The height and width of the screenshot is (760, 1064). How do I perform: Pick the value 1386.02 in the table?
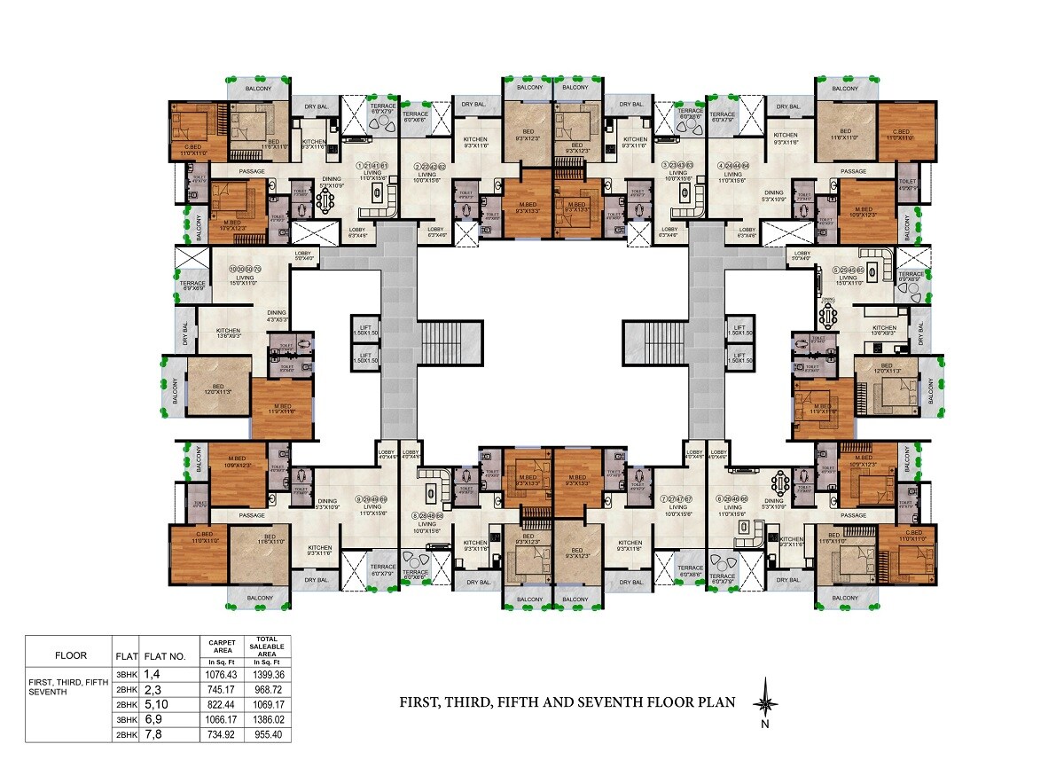pos(269,719)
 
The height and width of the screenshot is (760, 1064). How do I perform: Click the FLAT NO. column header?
pos(165,656)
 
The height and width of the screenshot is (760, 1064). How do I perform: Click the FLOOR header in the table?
pos(70,656)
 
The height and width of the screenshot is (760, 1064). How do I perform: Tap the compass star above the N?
pos(765,704)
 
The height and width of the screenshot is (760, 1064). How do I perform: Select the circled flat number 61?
pos(384,166)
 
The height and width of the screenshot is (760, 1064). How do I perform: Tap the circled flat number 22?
pos(425,166)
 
